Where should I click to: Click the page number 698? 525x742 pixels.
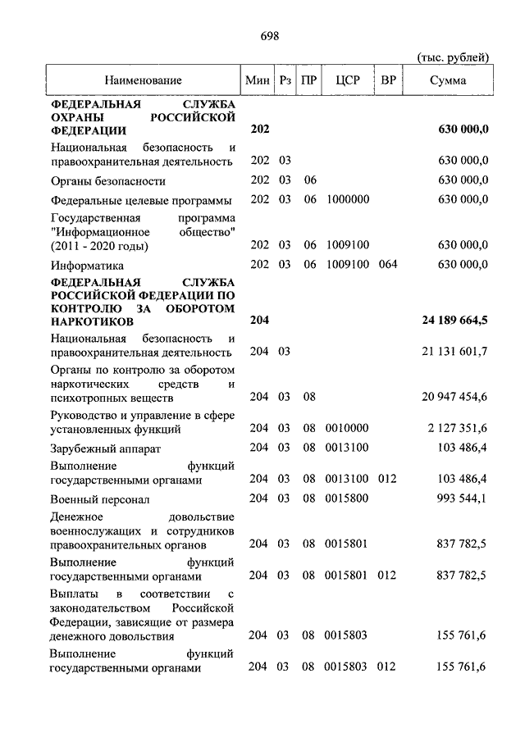271,36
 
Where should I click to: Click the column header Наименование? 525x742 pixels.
143,80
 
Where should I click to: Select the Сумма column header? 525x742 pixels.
448,80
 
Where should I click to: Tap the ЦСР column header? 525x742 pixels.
348,80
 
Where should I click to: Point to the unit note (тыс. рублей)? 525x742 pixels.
453,57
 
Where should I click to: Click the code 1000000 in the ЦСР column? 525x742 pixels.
348,199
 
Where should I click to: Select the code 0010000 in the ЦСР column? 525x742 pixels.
348,428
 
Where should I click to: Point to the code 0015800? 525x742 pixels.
348,498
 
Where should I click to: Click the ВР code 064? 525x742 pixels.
387,264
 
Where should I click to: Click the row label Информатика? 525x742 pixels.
87,265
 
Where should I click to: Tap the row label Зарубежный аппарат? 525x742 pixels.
105,448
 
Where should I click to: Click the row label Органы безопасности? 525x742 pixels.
107,180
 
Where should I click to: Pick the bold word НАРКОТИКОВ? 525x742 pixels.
90,321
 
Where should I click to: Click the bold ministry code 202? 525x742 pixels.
260,130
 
